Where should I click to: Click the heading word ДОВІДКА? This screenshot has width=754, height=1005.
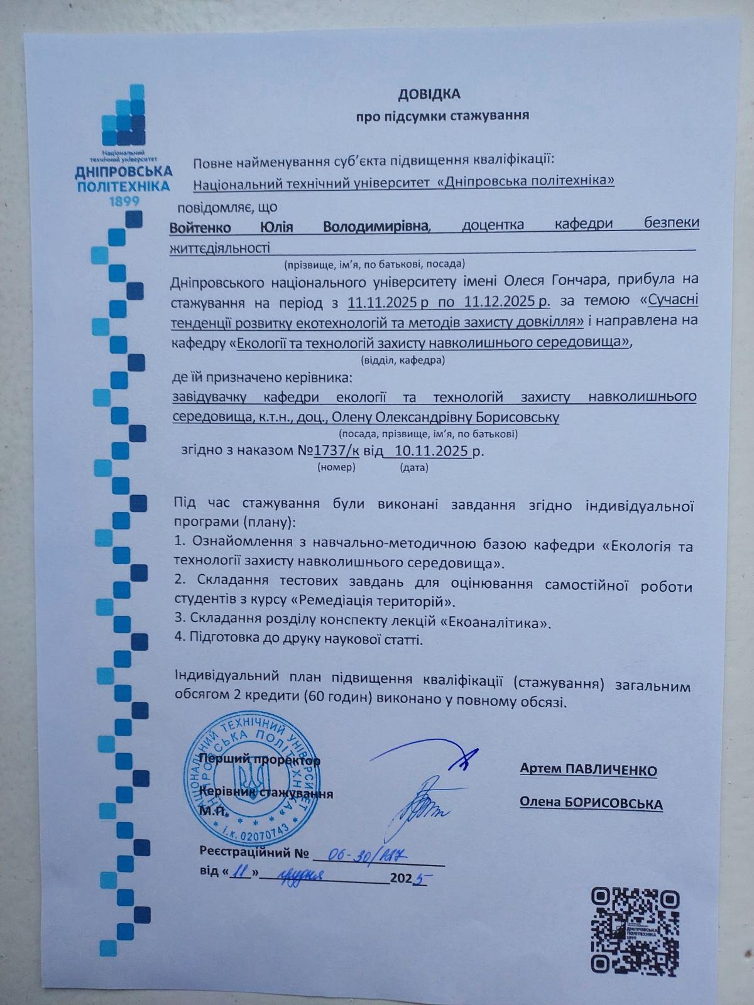tap(429, 94)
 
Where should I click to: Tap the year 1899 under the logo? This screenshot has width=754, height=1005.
tap(123, 201)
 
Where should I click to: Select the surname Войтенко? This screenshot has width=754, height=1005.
tap(200, 227)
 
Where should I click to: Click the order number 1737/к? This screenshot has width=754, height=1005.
tap(337, 450)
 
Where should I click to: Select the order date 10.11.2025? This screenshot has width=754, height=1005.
tap(432, 450)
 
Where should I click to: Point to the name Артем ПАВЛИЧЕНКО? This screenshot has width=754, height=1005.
tap(588, 769)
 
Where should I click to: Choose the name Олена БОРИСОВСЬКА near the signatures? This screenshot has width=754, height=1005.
tap(591, 803)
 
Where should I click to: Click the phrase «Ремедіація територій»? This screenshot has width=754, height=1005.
tap(371, 602)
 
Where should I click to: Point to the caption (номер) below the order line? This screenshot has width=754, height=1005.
tap(337, 467)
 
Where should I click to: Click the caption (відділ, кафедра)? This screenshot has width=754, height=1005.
tap(403, 361)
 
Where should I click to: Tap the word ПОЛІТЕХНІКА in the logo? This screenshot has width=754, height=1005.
tap(123, 186)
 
